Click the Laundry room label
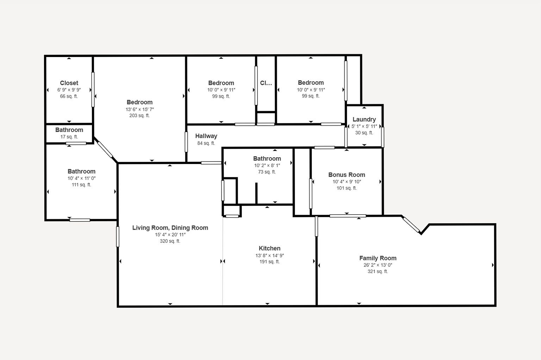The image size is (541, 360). point(364,119)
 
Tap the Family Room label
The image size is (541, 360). point(378,258)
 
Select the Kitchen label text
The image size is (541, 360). point(269,248)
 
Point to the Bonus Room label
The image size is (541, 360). point(347,175)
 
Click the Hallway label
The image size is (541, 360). point(206,136)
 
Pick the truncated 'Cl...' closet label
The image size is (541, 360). point(266,83)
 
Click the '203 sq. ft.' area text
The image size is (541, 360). point(139,115)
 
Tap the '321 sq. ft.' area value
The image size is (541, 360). point(378,271)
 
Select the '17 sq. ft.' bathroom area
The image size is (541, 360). point(69,137)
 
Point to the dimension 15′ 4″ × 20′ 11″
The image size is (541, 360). point(170,234)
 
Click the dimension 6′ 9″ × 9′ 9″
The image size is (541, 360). point(69,90)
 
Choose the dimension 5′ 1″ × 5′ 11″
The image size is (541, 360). point(364,126)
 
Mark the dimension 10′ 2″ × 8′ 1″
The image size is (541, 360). point(267,165)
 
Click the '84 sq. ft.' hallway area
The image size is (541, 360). point(206,143)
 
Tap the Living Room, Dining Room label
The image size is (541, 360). point(170,228)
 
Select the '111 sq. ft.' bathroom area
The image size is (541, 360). point(81,185)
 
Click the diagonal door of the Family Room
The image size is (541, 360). point(411,225)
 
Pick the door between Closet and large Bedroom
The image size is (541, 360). point(93,89)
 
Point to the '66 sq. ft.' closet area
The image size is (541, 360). point(69,96)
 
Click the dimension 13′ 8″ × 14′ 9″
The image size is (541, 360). point(269,255)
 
